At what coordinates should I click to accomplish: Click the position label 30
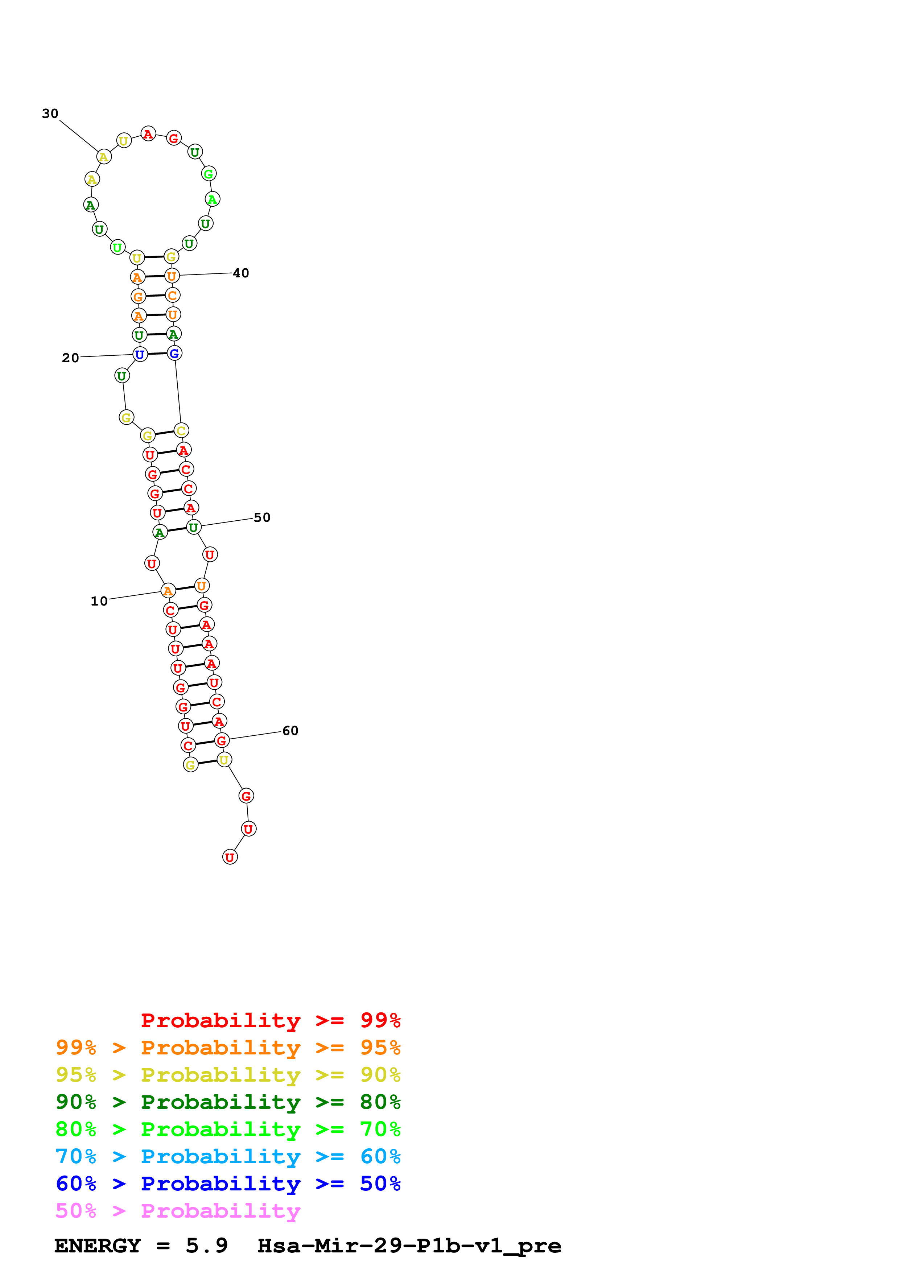pos(50,113)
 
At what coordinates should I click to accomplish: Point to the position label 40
pos(241,273)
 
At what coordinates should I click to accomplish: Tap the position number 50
pos(262,517)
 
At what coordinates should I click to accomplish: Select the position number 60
pos(290,731)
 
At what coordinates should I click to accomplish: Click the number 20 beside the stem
pos(70,358)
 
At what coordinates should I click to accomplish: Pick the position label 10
pos(99,601)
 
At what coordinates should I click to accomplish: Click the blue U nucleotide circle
pos(140,355)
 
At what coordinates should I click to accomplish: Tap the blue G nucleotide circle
pos(174,354)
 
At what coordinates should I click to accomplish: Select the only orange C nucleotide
pos(173,295)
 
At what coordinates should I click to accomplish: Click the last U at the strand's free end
pos(230,857)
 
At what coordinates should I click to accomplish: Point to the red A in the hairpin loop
pos(148,134)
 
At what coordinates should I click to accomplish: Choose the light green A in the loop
pos(212,199)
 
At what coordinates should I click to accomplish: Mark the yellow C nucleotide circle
pos(181,430)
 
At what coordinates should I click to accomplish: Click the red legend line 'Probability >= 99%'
pos(270,1020)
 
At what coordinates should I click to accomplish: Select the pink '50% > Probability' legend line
pos(178,1210)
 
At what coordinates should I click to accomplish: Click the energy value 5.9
pos(207,1246)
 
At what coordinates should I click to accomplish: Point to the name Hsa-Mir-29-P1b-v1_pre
pos(409,1246)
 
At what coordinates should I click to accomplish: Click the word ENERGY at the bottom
pos(98,1246)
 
